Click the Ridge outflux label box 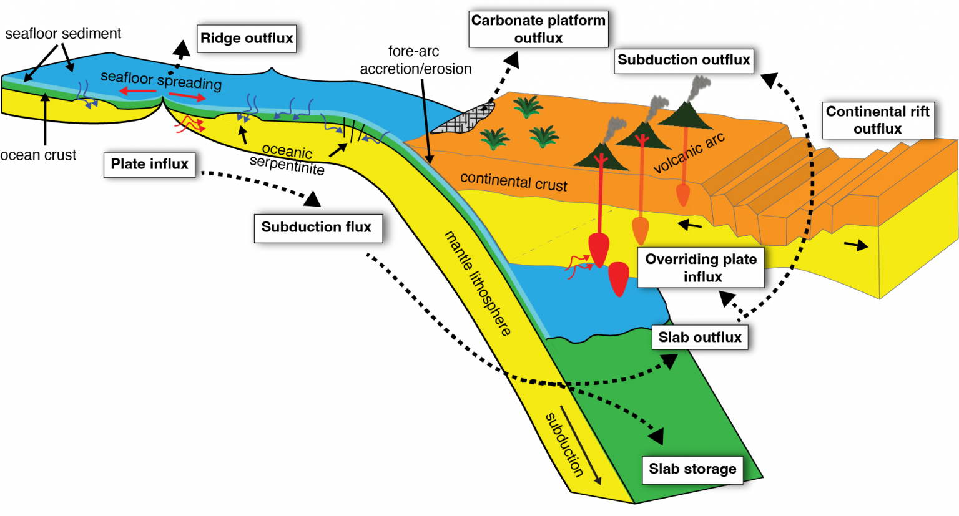(x=247, y=39)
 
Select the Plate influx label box (x=149, y=165)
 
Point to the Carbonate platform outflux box (x=538, y=29)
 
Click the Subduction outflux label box (x=684, y=61)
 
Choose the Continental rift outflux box (x=877, y=120)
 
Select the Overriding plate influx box (x=701, y=268)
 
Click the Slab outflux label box (x=700, y=338)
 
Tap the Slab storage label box (x=692, y=469)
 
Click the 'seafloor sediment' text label (x=63, y=34)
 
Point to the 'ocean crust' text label (x=38, y=155)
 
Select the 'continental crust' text (x=513, y=181)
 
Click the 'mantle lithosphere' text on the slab (x=478, y=283)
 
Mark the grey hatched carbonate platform (x=463, y=119)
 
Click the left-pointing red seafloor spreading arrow (x=137, y=92)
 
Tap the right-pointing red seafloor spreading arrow (x=187, y=96)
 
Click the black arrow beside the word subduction (x=581, y=445)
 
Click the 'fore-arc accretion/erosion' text (x=415, y=61)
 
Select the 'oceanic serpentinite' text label (x=287, y=160)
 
